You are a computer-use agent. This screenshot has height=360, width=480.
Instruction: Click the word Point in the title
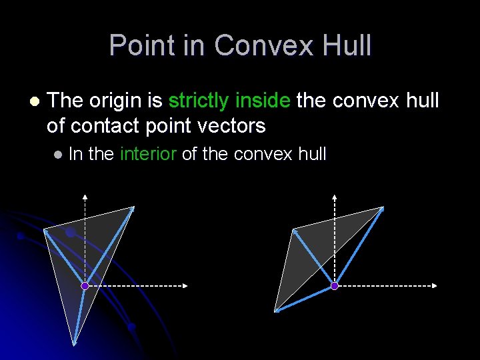click(138, 45)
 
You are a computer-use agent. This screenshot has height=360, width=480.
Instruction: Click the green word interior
click(147, 154)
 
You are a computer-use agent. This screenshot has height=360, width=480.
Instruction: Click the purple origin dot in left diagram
click(85, 286)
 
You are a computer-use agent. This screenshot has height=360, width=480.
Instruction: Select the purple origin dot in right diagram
click(335, 286)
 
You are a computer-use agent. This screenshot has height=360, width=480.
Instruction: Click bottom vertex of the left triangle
click(74, 344)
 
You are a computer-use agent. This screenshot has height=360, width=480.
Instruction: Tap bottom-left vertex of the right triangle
click(275, 311)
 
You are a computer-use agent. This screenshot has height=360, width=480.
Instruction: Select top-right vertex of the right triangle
click(384, 207)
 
